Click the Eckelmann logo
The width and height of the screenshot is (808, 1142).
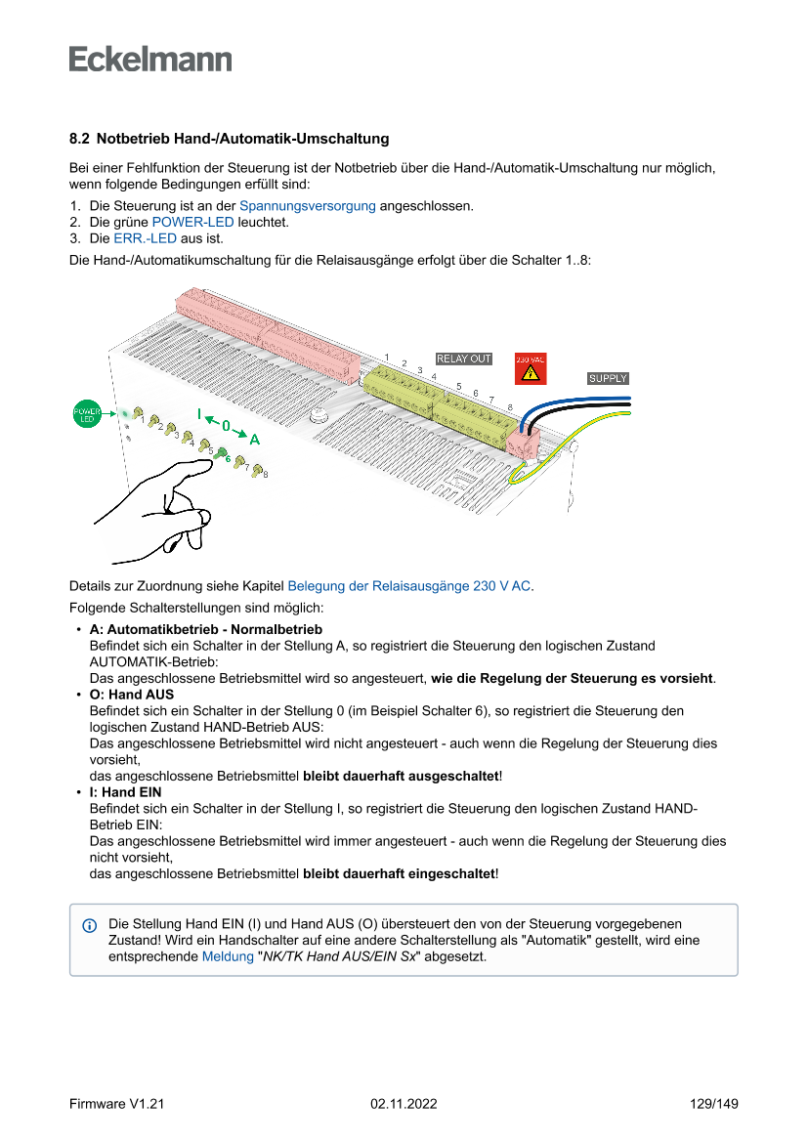pos(150,59)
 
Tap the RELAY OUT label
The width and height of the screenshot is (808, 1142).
pos(463,359)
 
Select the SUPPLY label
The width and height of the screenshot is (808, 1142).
pos(608,378)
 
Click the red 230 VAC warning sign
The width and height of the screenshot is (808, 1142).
pos(530,368)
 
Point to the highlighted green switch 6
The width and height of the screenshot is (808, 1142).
pos(221,453)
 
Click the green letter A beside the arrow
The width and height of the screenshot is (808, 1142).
pos(254,439)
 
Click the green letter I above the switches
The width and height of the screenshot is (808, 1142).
pos(199,414)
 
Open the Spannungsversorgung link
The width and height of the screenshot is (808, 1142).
pos(307,206)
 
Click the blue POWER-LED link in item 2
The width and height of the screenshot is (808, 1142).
pos(192,222)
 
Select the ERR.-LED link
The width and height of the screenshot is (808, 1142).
pos(145,237)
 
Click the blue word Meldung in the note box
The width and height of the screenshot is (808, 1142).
pos(227,956)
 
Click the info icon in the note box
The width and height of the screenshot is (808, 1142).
pos(90,924)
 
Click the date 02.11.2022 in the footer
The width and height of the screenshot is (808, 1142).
pos(404,1104)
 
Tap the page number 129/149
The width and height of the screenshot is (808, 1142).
pos(712,1104)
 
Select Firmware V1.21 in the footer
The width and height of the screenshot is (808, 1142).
pos(116,1104)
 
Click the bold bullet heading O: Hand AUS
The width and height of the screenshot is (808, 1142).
pos(131,695)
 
